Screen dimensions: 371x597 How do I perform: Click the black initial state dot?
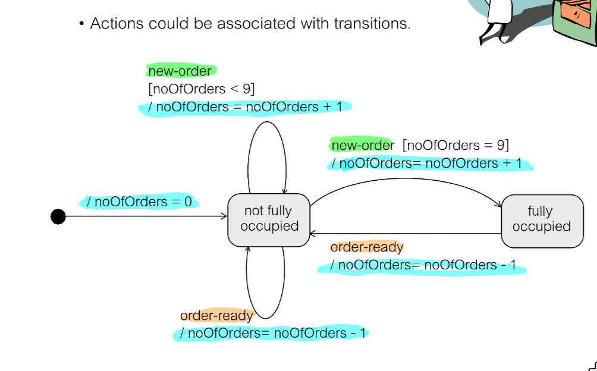pos(58,216)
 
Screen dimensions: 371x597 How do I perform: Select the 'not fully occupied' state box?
pos(269,219)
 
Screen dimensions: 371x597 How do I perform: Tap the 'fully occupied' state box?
pos(541,219)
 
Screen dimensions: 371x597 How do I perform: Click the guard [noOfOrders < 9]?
pos(202,89)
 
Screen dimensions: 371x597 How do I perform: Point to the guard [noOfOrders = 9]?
pos(455,145)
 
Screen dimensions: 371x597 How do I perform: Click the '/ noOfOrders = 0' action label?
pos(140,202)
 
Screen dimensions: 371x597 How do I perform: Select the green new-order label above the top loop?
pos(180,71)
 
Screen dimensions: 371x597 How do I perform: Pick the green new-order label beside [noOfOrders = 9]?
pos(362,145)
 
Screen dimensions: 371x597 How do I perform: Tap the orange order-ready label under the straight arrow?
pos(367,247)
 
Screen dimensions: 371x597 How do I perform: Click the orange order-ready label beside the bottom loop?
pos(216,316)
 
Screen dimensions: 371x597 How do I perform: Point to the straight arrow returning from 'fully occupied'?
pos(404,234)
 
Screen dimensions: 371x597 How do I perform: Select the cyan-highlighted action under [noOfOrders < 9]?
pos(245,107)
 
